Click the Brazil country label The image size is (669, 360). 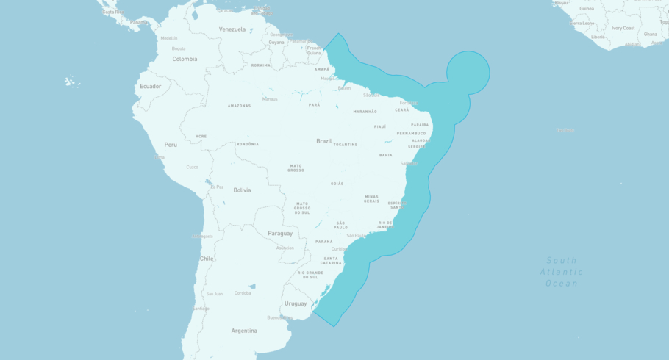tap(323, 141)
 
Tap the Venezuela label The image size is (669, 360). tap(232, 29)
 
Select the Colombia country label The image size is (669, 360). tap(185, 59)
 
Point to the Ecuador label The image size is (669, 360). tap(150, 87)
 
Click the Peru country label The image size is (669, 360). tap(171, 145)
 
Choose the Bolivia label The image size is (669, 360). tap(242, 190)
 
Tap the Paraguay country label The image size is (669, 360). tap(280, 233)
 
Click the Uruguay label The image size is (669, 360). tap(296, 303)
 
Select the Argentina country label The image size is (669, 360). tap(244, 331)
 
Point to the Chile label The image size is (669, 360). tap(207, 259)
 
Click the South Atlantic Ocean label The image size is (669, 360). tap(562, 272)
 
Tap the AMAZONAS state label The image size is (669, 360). tap(239, 106)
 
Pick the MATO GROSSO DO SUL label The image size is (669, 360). tap(302, 208)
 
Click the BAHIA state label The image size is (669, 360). tap(385, 155)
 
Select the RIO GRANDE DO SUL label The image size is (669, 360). tap(310, 275)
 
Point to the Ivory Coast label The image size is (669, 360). tap(623, 28)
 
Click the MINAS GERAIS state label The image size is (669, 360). tap(371, 198)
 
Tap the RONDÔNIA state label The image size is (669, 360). tap(247, 144)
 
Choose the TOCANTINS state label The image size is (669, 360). tap(346, 145)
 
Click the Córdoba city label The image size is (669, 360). tap(242, 293)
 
